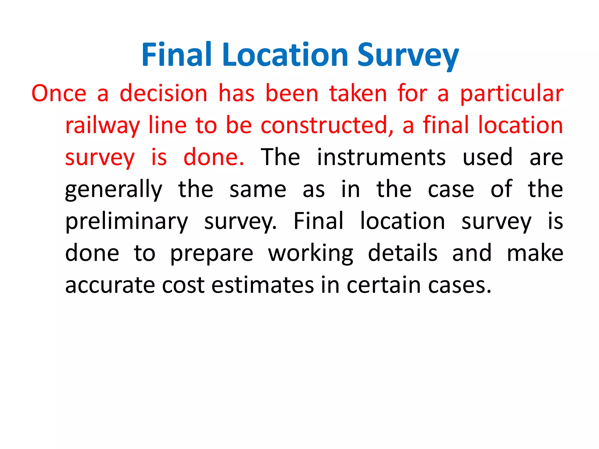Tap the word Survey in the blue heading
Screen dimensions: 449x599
point(408,56)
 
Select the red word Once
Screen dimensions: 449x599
point(59,94)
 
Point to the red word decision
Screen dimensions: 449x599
point(163,94)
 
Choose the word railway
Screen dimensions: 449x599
point(102,126)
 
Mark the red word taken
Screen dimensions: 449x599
point(358,94)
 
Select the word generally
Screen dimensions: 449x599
point(113,190)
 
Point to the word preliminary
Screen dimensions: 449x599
point(126,222)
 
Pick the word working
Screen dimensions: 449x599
point(311,254)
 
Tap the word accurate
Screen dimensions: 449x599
point(110,285)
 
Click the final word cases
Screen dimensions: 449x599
point(459,285)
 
